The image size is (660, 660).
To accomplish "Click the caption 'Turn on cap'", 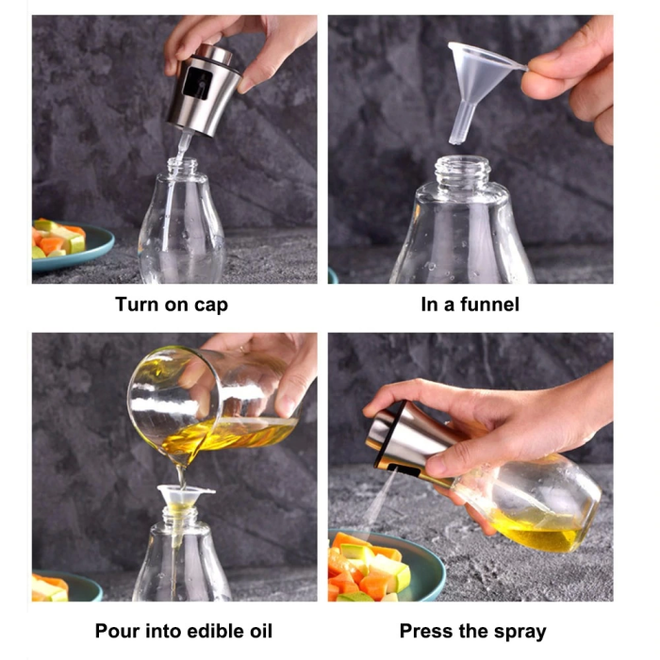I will [x=172, y=305].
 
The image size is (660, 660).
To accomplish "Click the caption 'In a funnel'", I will [x=469, y=305].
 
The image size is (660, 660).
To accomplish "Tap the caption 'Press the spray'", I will [x=472, y=631].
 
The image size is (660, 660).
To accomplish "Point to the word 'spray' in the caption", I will [x=517, y=631].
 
